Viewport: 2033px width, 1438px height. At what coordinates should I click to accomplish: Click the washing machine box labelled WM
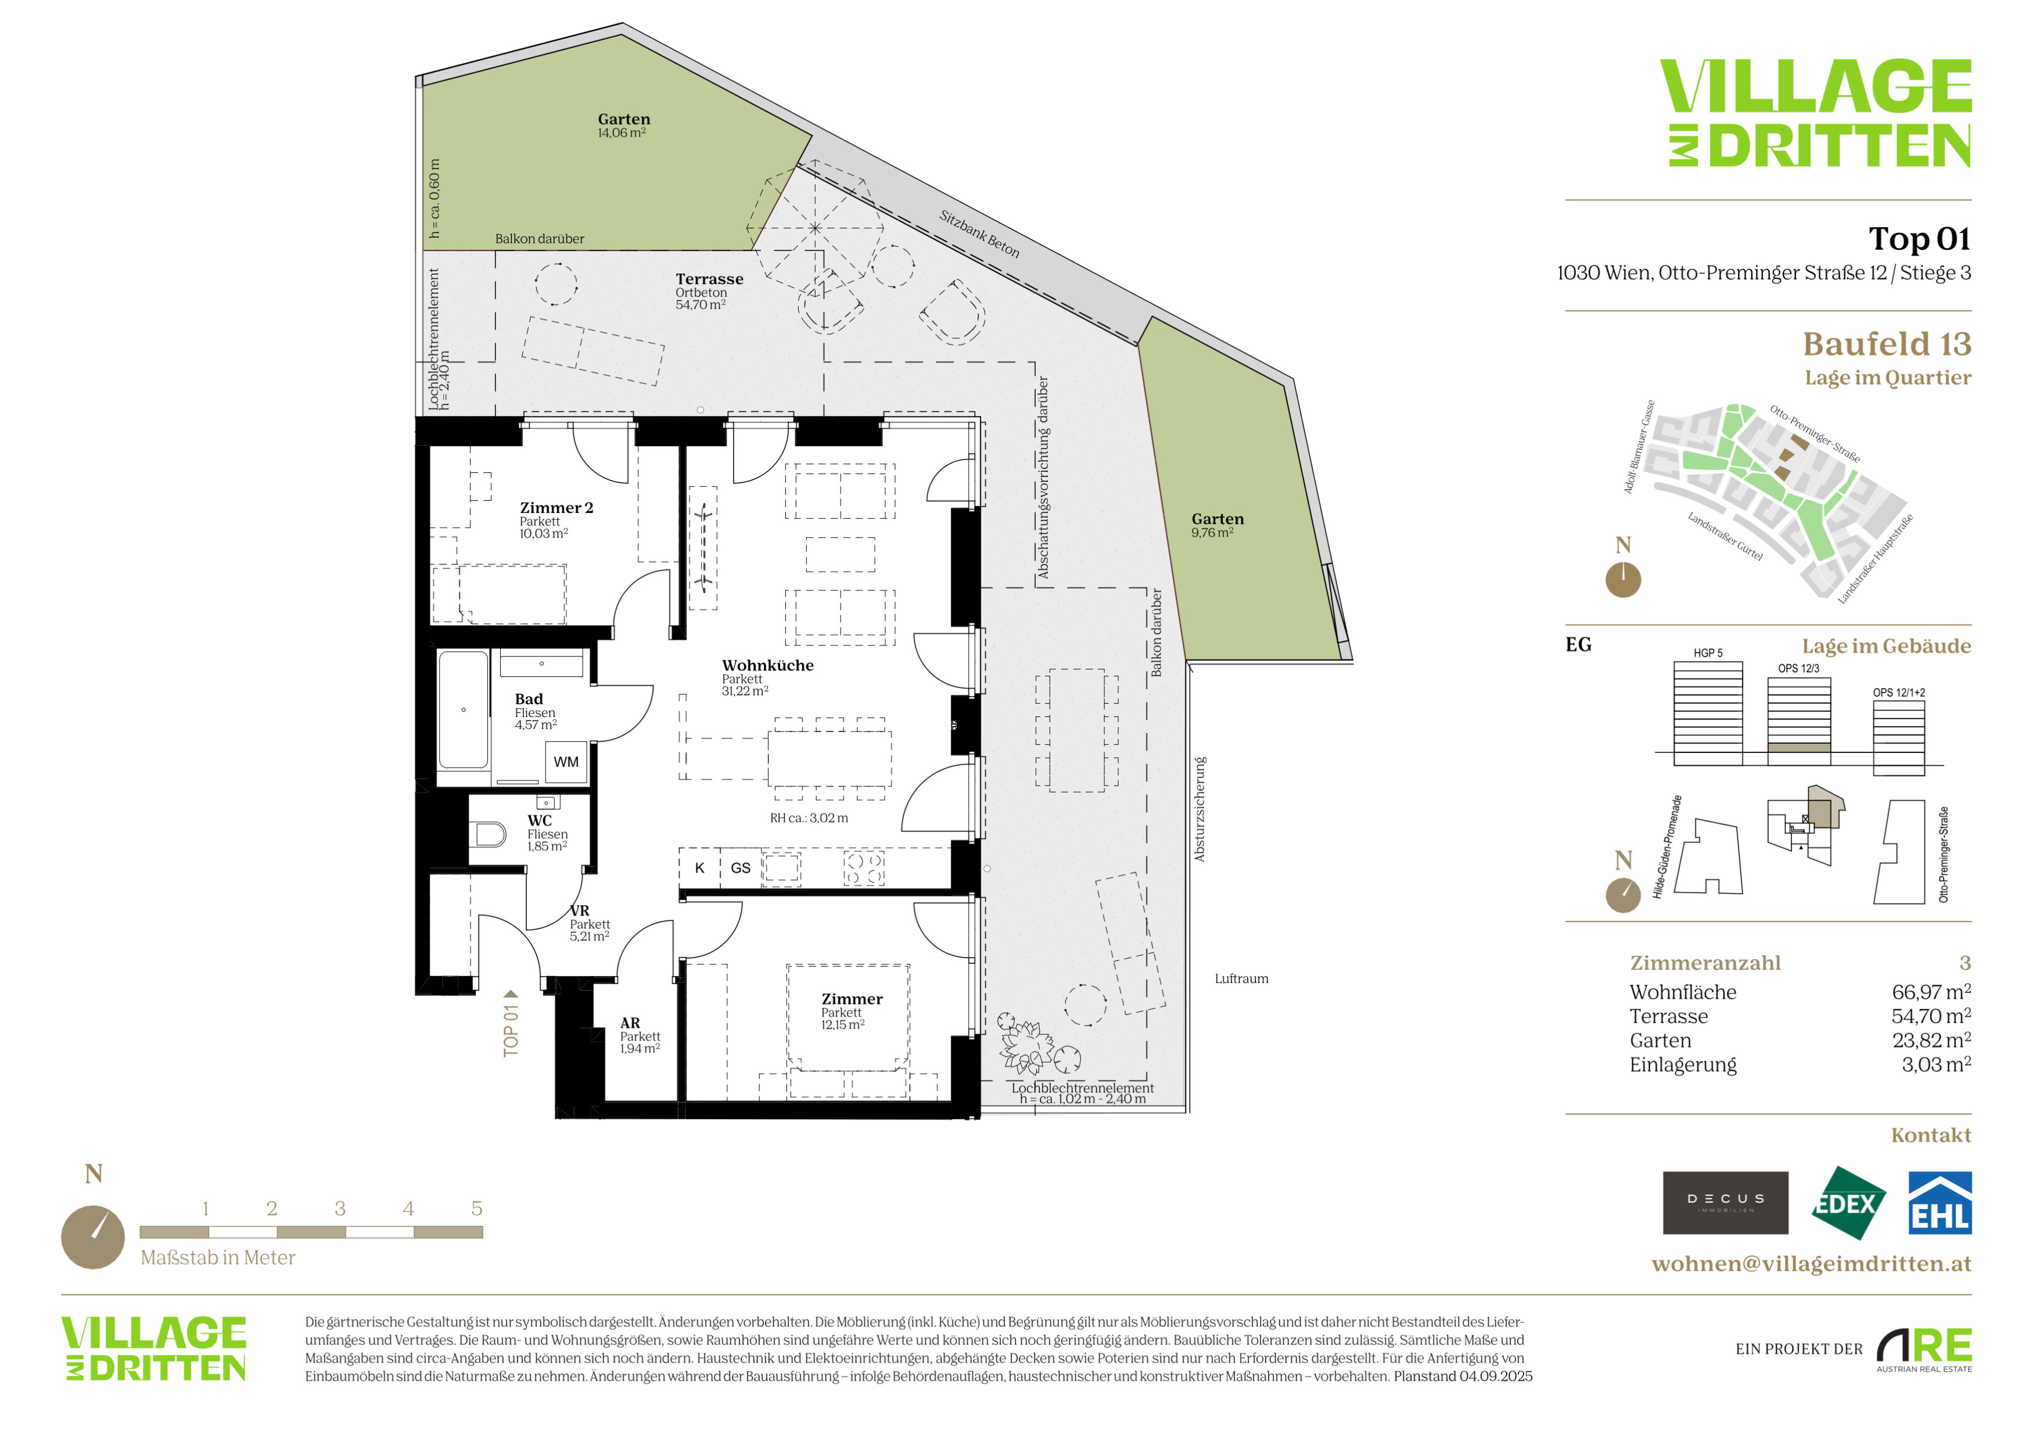pyautogui.click(x=566, y=762)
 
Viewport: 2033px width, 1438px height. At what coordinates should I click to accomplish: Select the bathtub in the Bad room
pyautogui.click(x=463, y=710)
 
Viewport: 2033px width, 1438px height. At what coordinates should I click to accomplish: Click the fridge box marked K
pyautogui.click(x=699, y=868)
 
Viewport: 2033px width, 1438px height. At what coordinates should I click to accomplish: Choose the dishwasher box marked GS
pyautogui.click(x=740, y=868)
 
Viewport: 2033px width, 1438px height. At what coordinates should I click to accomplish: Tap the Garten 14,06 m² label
pyautogui.click(x=623, y=125)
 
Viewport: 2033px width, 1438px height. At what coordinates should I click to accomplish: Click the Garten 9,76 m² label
pyautogui.click(x=1217, y=525)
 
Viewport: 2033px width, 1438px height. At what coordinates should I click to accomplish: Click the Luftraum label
pyautogui.click(x=1241, y=978)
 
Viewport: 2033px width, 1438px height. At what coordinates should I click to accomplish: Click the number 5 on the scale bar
pyautogui.click(x=476, y=1209)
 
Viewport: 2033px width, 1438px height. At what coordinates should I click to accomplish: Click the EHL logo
pyautogui.click(x=1939, y=1203)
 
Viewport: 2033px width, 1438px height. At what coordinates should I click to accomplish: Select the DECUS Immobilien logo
pyautogui.click(x=1725, y=1203)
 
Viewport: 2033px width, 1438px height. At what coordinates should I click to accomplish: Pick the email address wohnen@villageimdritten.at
pyautogui.click(x=1812, y=1264)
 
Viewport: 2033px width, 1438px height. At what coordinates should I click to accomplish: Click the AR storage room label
pyautogui.click(x=640, y=1035)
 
